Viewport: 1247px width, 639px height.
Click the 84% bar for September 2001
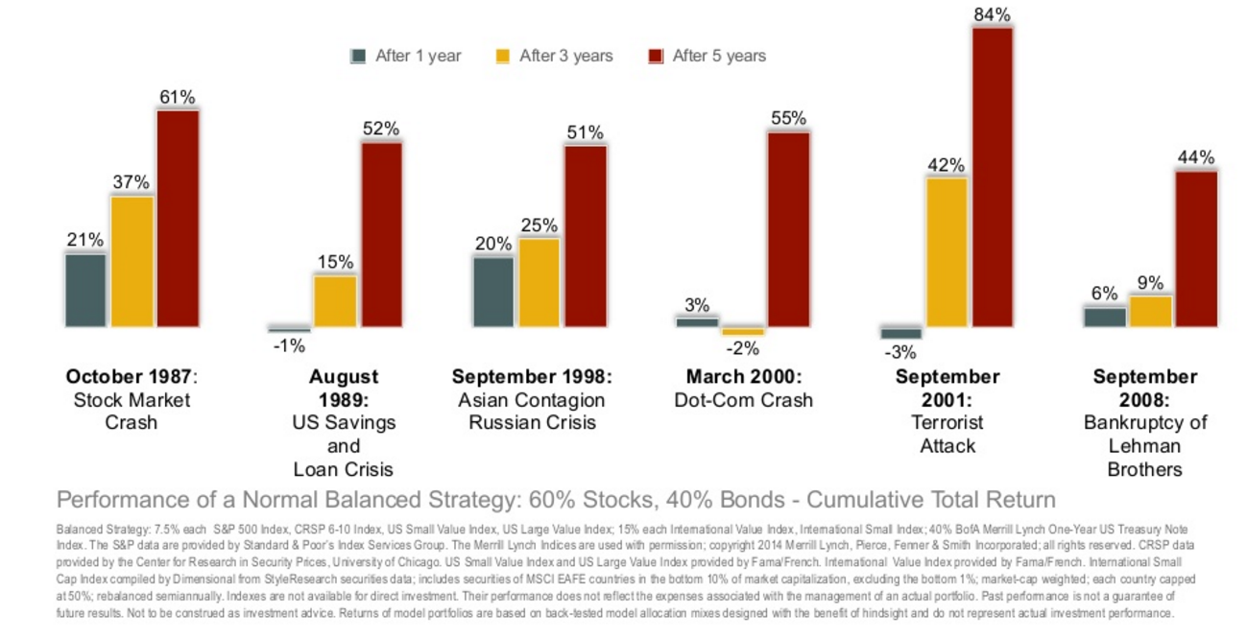point(993,177)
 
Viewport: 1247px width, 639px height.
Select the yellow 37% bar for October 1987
point(132,261)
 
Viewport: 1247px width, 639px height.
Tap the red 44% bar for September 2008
point(1196,248)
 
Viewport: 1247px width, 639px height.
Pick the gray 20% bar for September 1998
point(493,292)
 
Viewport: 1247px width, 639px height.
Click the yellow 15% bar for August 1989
point(335,301)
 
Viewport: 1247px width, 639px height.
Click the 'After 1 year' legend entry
point(406,56)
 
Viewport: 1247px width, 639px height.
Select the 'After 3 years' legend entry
point(554,56)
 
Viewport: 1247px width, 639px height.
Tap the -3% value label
point(900,352)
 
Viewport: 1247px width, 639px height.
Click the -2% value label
point(743,348)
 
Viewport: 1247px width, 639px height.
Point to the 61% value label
point(178,97)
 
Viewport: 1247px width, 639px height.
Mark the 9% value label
point(1150,283)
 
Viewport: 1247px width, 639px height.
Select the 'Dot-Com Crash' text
point(744,400)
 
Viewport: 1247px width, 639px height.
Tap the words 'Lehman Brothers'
point(1144,458)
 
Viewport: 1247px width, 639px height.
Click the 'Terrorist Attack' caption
point(947,434)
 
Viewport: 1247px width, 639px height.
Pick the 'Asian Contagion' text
point(532,400)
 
